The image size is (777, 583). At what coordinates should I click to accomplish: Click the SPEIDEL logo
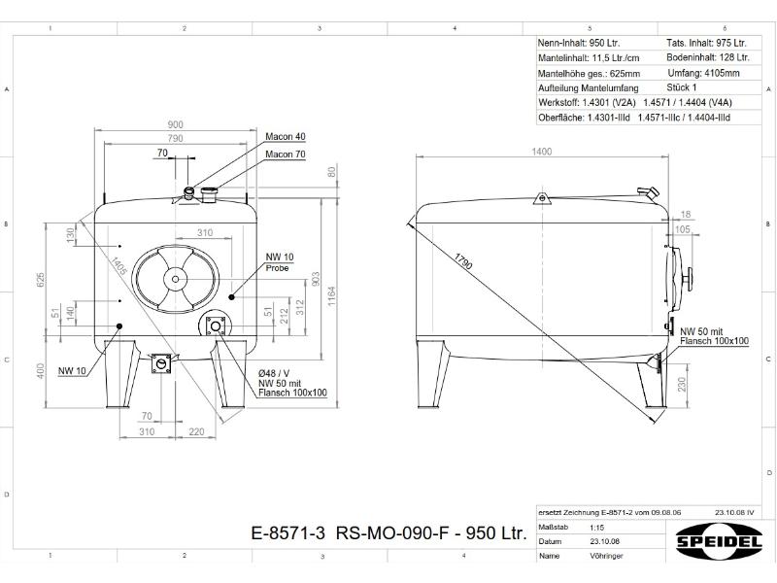point(720,537)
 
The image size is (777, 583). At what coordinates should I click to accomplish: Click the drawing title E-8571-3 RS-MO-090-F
point(388,533)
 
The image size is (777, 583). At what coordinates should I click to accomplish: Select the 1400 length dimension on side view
point(541,152)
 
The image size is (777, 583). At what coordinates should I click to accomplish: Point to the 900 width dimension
point(176,125)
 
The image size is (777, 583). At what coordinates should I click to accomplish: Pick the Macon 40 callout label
point(286,136)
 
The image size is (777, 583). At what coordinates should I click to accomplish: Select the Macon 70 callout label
point(286,154)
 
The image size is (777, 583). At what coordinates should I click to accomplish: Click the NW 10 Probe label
point(280,261)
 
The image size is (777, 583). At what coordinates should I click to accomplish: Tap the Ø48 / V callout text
point(274,374)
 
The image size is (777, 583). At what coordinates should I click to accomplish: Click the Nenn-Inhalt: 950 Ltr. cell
point(579,44)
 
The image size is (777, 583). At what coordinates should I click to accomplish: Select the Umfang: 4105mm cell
point(703,73)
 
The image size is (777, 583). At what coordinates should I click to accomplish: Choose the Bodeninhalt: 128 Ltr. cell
point(706,58)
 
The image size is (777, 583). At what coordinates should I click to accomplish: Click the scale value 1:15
point(597,528)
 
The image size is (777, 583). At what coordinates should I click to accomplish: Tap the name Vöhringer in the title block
point(606,556)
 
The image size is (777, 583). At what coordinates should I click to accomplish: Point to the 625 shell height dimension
point(41,281)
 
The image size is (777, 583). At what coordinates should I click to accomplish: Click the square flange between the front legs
point(161,363)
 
